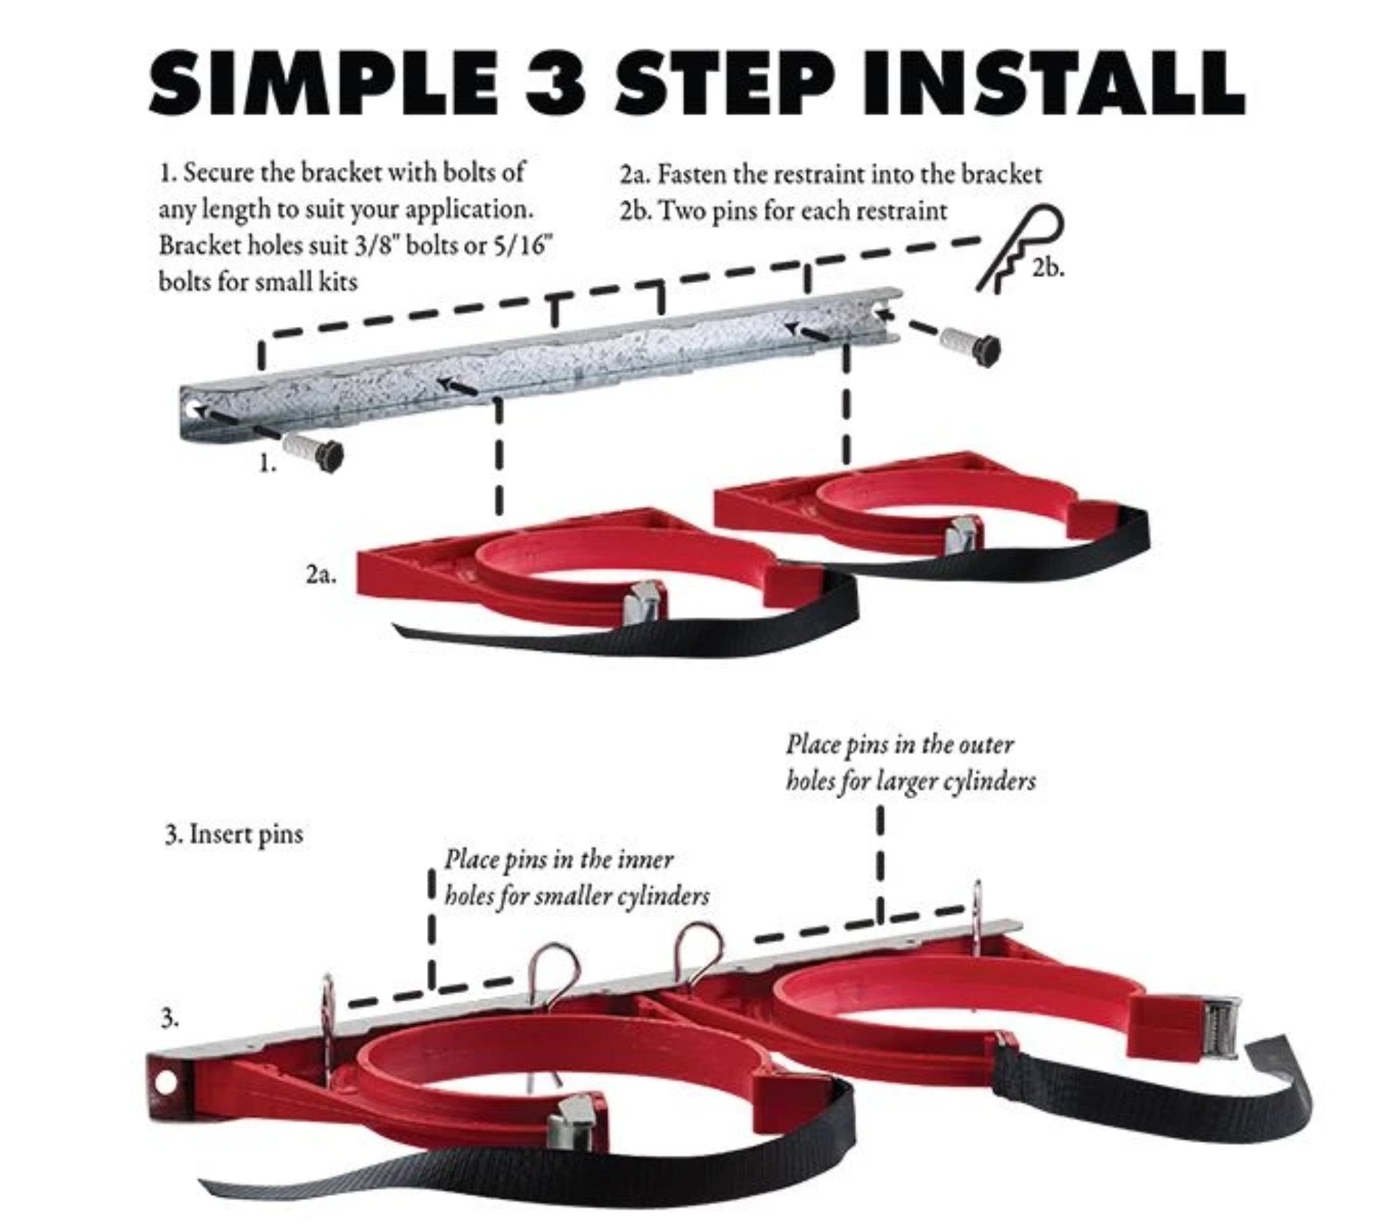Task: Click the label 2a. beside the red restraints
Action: (x=320, y=575)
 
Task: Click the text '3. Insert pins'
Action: (x=234, y=834)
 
